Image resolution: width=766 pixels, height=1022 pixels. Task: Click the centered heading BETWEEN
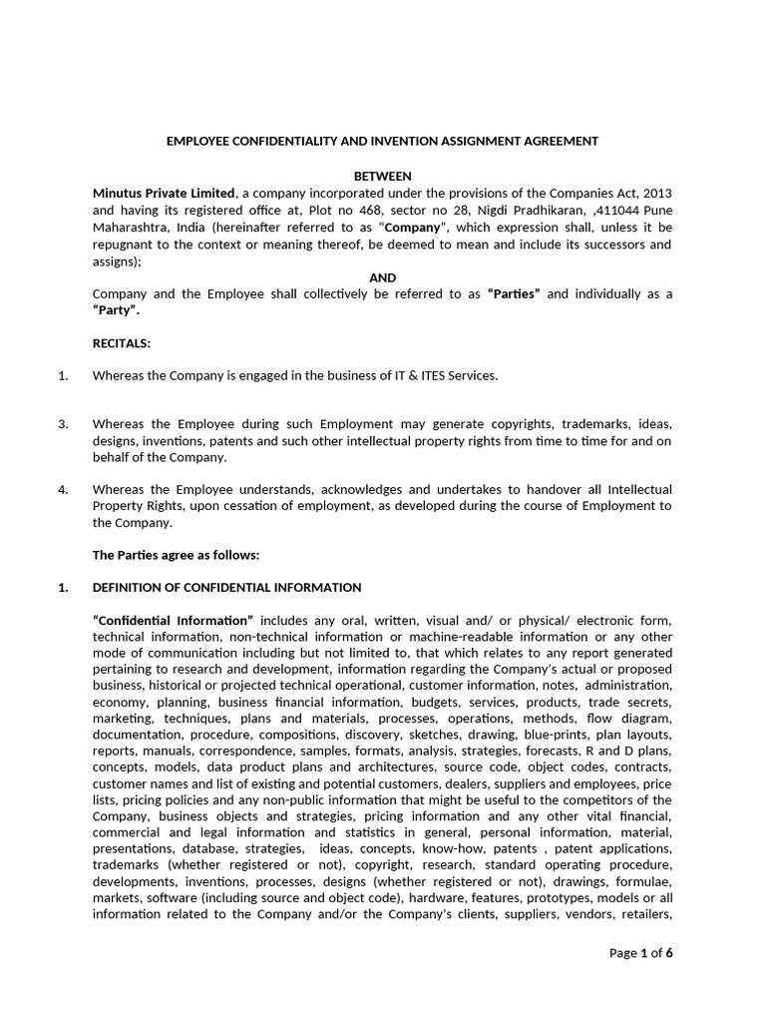click(382, 176)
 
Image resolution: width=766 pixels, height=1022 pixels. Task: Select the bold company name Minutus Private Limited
click(165, 193)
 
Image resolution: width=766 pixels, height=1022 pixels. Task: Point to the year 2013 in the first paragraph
click(657, 193)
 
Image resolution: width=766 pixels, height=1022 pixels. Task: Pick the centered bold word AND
click(382, 277)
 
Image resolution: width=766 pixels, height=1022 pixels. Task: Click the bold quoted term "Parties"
click(514, 294)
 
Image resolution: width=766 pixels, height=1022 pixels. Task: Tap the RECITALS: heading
click(122, 343)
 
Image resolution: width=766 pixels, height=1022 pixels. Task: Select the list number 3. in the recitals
click(63, 424)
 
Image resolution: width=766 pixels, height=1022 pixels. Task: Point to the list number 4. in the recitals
click(63, 489)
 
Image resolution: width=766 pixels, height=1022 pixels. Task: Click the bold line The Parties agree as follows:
click(176, 554)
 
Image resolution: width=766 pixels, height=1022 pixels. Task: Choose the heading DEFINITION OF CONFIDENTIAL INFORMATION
click(226, 587)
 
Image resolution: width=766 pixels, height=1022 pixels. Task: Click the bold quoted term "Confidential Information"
click(174, 620)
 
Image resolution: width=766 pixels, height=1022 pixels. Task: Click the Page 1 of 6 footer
click(640, 953)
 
